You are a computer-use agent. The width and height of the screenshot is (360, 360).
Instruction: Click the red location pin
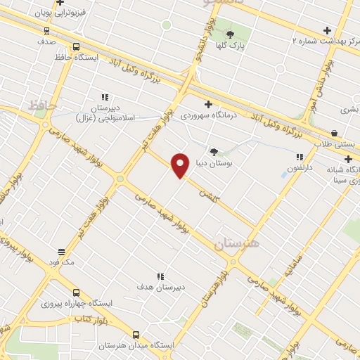click(181, 165)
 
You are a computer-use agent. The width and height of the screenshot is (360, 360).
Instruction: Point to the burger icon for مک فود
click(61, 251)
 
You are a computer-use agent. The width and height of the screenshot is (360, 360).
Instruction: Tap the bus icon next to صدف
click(47, 31)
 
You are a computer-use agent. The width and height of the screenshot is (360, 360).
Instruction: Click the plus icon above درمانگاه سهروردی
click(208, 104)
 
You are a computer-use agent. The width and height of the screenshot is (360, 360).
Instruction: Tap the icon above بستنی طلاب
click(334, 133)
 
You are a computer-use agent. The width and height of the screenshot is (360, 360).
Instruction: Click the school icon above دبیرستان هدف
click(160, 277)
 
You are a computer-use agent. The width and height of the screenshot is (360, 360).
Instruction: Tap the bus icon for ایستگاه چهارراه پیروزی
click(76, 292)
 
